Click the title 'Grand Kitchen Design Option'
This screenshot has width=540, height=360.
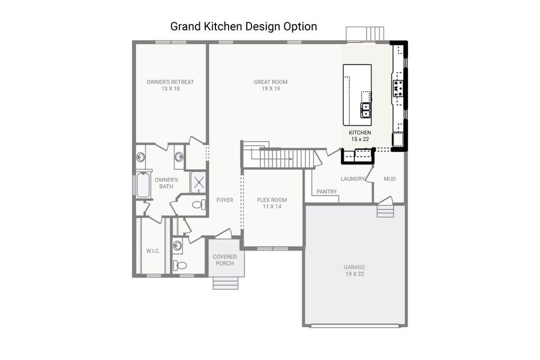click(x=244, y=26)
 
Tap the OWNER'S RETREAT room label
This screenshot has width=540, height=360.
click(x=170, y=85)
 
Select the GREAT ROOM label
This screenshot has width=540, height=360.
click(x=271, y=85)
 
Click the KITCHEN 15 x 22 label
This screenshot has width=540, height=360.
click(x=360, y=136)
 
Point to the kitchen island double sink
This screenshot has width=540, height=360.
click(x=366, y=109)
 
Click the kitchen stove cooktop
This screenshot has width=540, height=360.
click(x=398, y=88)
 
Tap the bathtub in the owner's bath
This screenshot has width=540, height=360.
click(x=143, y=185)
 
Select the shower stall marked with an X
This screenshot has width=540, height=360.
click(x=199, y=182)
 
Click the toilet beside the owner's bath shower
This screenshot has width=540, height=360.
click(x=199, y=205)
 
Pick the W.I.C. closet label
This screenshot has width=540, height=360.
click(x=153, y=251)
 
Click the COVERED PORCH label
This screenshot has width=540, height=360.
click(x=225, y=260)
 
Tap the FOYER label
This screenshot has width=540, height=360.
click(x=225, y=200)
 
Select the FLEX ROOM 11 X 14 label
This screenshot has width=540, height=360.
click(x=272, y=203)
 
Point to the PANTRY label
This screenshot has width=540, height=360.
click(x=326, y=192)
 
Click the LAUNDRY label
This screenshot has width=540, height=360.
click(x=353, y=179)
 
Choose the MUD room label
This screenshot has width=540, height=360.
click(x=389, y=179)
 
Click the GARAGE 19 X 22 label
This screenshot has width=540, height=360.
click(x=354, y=271)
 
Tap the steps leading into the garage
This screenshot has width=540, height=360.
click(x=385, y=211)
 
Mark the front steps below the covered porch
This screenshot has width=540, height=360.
click(x=225, y=282)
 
